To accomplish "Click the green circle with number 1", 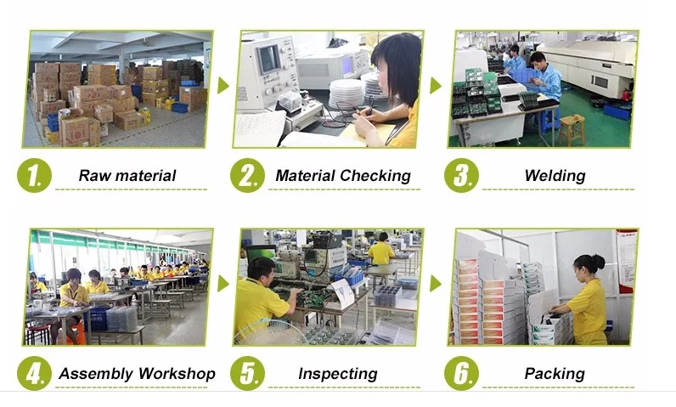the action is (x=34, y=176).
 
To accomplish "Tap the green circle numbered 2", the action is (x=247, y=176).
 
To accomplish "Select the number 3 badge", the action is (x=461, y=176).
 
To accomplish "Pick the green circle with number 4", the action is (x=34, y=374).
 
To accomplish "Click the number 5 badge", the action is (x=247, y=374).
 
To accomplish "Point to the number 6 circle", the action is (x=461, y=374).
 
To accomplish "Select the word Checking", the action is (x=375, y=176).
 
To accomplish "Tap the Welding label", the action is (x=555, y=176).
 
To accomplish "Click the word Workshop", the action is (x=176, y=374).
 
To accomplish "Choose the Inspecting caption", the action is (x=337, y=374).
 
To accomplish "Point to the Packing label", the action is (x=555, y=374).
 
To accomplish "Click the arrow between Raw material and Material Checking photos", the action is (x=223, y=86).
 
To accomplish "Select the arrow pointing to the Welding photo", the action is (x=436, y=86).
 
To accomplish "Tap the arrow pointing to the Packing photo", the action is (x=436, y=283).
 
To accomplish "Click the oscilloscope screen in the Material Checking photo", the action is (x=268, y=60).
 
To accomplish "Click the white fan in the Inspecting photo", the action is (x=270, y=333).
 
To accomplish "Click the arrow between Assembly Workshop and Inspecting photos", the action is (x=223, y=283).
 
